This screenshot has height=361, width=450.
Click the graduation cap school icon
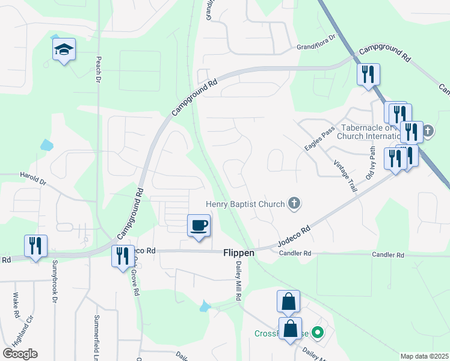[63, 51]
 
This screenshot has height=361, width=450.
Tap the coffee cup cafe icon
[199, 226]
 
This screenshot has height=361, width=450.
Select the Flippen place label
[239, 253]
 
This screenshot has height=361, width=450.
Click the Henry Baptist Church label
[245, 204]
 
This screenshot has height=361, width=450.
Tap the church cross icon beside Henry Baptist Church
[294, 203]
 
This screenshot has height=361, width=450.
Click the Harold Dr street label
[32, 179]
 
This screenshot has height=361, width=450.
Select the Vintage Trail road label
[345, 176]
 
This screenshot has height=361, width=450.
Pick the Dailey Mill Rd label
[238, 285]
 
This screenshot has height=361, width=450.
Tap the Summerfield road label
[96, 332]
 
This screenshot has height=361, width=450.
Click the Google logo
[20, 354]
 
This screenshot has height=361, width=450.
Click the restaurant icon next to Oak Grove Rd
[123, 256]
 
